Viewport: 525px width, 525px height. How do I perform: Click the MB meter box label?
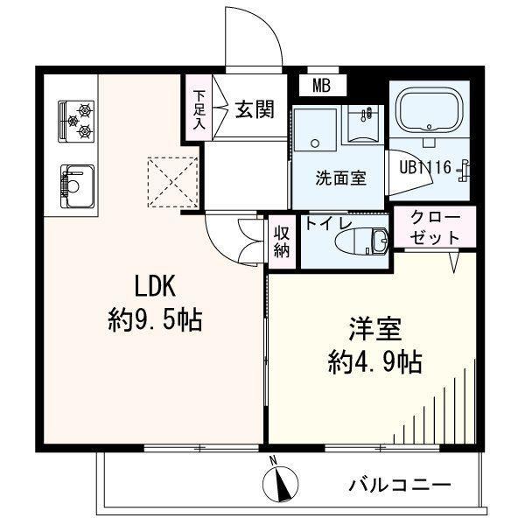tap(321, 86)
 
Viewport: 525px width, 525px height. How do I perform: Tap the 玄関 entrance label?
tap(255, 109)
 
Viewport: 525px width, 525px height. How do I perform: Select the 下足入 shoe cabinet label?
tap(199, 110)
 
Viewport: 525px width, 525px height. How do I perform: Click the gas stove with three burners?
tap(76, 122)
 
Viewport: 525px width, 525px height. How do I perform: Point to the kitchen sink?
tap(77, 186)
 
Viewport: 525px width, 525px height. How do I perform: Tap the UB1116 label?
tap(425, 167)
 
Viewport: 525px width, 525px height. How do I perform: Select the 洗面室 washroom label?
tap(341, 178)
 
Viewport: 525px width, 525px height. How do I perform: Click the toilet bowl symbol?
tap(361, 241)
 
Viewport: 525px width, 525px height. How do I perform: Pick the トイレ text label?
tap(328, 224)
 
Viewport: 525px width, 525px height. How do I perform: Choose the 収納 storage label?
tap(282, 241)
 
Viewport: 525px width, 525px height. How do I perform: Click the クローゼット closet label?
tap(435, 227)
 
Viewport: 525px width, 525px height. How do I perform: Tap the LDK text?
tap(155, 287)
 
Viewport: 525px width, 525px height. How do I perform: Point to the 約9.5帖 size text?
tap(155, 320)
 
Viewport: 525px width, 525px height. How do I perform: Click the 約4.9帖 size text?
tap(374, 362)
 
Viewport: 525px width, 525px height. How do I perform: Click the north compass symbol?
tap(280, 482)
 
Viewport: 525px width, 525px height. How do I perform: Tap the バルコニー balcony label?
tap(400, 485)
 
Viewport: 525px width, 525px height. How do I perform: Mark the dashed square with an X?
tap(172, 183)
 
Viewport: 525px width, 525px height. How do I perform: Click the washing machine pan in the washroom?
tap(315, 129)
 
